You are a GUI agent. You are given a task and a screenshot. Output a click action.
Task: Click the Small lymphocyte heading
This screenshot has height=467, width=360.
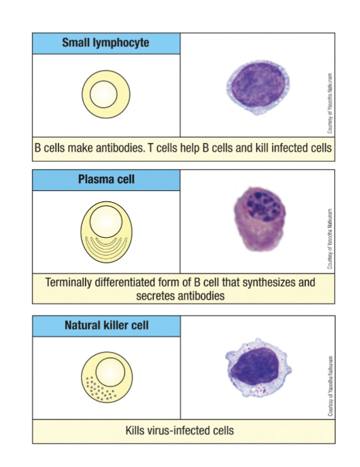click(x=105, y=43)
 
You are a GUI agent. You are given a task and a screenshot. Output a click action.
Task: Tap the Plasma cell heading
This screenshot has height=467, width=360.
click(x=106, y=179)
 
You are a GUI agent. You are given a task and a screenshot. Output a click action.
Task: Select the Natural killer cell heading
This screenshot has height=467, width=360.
click(x=107, y=325)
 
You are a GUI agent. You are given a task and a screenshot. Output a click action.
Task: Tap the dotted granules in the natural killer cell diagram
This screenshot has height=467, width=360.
click(x=100, y=388)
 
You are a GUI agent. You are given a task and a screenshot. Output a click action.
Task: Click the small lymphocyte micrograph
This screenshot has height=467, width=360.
click(x=258, y=87)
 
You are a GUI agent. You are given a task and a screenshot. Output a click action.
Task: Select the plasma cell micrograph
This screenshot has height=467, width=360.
click(x=260, y=219)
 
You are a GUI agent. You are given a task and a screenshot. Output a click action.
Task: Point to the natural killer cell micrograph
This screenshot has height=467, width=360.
click(x=258, y=368)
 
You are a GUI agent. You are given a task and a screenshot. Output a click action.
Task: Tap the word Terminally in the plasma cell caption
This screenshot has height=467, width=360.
click(x=68, y=282)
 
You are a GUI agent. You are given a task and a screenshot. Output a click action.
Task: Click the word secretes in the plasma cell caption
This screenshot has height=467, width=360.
click(x=155, y=296)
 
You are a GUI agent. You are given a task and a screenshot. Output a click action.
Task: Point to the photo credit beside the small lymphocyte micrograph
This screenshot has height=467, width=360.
click(x=330, y=103)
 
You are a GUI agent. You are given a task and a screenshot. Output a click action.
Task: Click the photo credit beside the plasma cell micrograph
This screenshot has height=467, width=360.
click(x=330, y=238)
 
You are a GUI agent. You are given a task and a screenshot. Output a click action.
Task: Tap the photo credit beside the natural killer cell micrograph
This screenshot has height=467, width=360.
click(x=330, y=386)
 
